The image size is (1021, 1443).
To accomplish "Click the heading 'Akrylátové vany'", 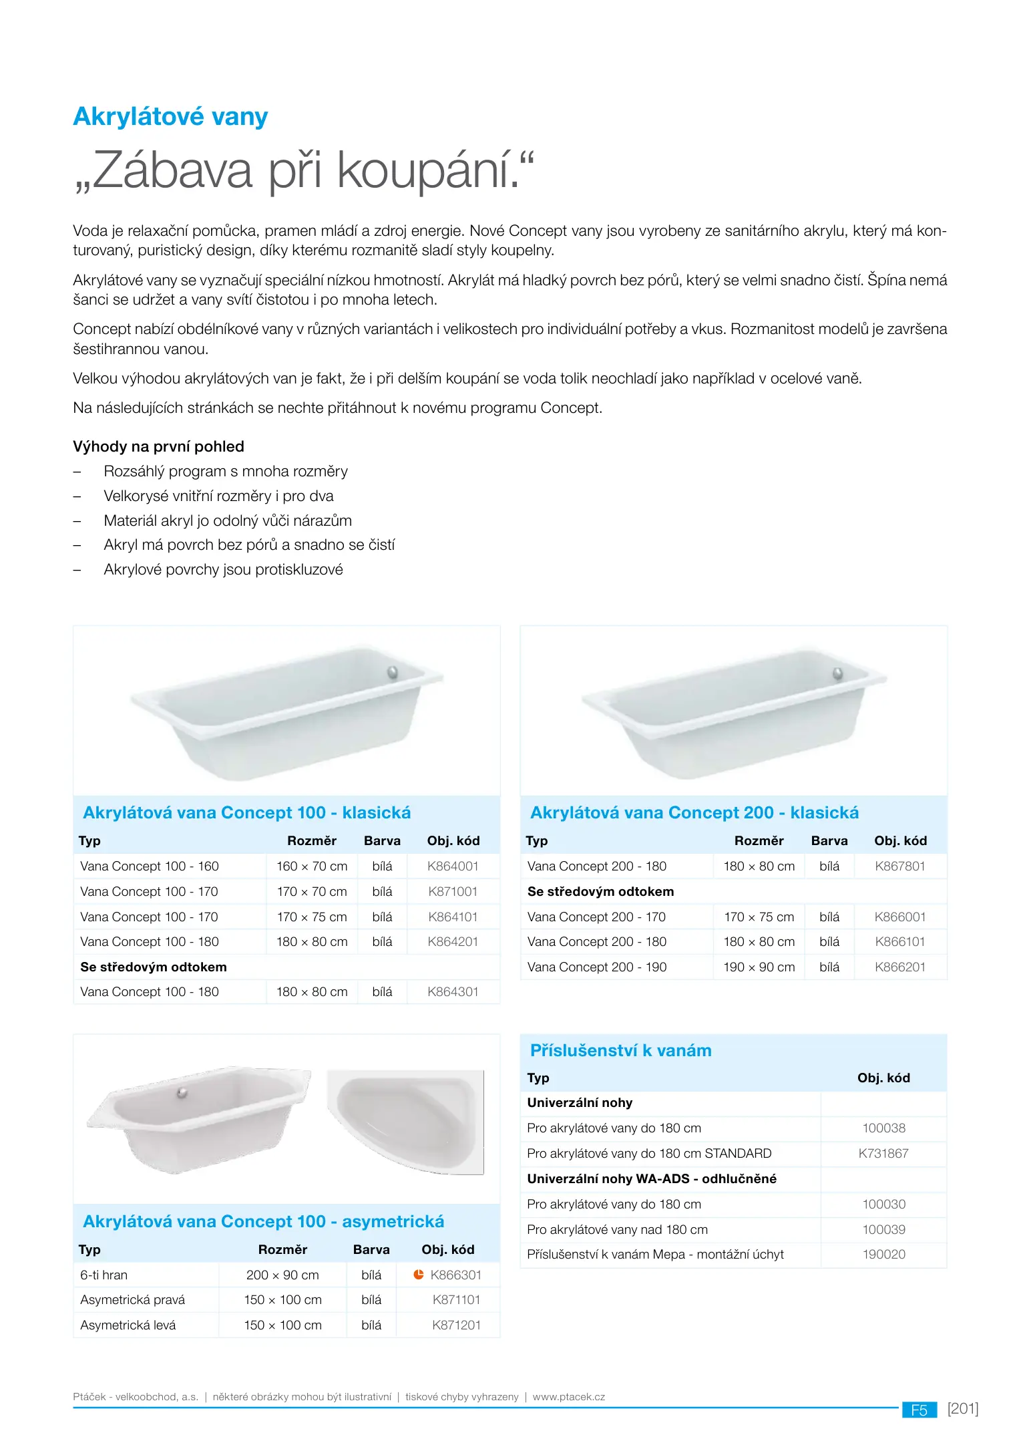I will coord(170,117).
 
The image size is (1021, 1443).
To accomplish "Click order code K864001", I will coord(453,866).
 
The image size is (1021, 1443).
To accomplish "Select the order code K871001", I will coord(453,891).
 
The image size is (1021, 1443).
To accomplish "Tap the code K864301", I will coord(453,992).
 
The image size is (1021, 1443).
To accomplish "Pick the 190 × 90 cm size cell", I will coord(759,967).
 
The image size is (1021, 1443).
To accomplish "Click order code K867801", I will coord(900,866).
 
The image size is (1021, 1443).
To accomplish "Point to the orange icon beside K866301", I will coord(419,1274).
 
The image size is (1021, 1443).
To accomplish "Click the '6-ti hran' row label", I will coord(104,1275).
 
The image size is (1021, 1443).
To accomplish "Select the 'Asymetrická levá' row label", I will coord(128,1325).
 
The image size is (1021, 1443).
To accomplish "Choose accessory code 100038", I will coord(883,1128).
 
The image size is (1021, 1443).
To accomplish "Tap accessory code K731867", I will coord(883,1153).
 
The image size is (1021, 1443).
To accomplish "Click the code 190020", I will coord(883,1255).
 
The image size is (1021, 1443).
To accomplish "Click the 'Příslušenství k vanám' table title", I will coord(620,1050).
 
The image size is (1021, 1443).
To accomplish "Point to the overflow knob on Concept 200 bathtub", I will coord(838,673).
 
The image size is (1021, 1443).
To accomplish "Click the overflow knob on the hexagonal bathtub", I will coord(182,1094).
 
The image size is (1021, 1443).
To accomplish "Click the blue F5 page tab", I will coord(919,1410).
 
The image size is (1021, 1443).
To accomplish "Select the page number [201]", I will coord(962,1408).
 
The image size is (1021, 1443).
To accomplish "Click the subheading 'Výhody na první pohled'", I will coord(158,446).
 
